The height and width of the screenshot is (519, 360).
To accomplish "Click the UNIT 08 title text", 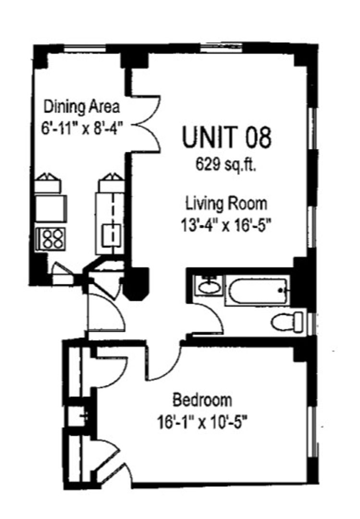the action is [227, 137].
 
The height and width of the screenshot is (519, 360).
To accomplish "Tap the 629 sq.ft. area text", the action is [226, 163].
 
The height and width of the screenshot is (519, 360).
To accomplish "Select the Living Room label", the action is [226, 203].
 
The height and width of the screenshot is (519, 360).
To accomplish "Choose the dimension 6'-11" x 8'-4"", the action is [82, 127].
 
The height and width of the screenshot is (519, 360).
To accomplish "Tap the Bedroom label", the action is [202, 400].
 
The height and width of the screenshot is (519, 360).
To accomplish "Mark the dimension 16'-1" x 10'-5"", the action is [202, 422].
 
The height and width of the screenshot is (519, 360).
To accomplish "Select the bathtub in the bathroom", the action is [258, 291].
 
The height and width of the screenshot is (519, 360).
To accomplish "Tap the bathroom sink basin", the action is [209, 286].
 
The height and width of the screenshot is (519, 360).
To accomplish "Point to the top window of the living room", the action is [222, 49].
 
